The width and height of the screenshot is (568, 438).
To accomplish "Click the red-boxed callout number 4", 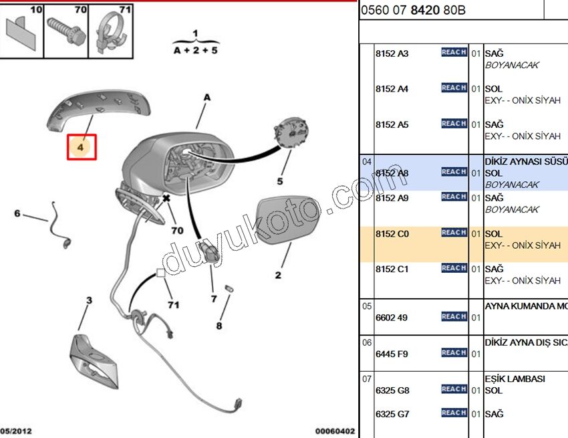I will (x=81, y=146).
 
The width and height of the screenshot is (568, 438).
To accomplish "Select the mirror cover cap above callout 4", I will (x=100, y=106).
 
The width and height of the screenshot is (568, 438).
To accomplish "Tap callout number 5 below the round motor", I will (x=280, y=181).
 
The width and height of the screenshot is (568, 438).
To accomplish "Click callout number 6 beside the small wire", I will (x=18, y=214).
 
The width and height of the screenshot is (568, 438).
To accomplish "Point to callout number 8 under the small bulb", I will (x=219, y=327).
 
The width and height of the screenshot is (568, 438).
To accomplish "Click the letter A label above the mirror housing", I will (x=206, y=98).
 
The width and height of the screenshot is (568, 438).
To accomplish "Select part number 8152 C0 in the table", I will (x=392, y=234).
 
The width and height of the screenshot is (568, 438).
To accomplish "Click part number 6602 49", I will (x=392, y=318).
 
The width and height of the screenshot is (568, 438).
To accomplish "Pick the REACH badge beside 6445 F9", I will (x=454, y=352).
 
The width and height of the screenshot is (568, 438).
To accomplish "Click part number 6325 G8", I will (x=392, y=391).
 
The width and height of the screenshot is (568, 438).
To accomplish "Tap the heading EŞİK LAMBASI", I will (x=515, y=378).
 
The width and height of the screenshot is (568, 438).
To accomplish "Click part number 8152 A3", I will (x=392, y=53).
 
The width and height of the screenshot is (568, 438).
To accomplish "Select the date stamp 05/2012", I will (x=16, y=431).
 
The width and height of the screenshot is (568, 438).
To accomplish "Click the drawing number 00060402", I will (x=335, y=431).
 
